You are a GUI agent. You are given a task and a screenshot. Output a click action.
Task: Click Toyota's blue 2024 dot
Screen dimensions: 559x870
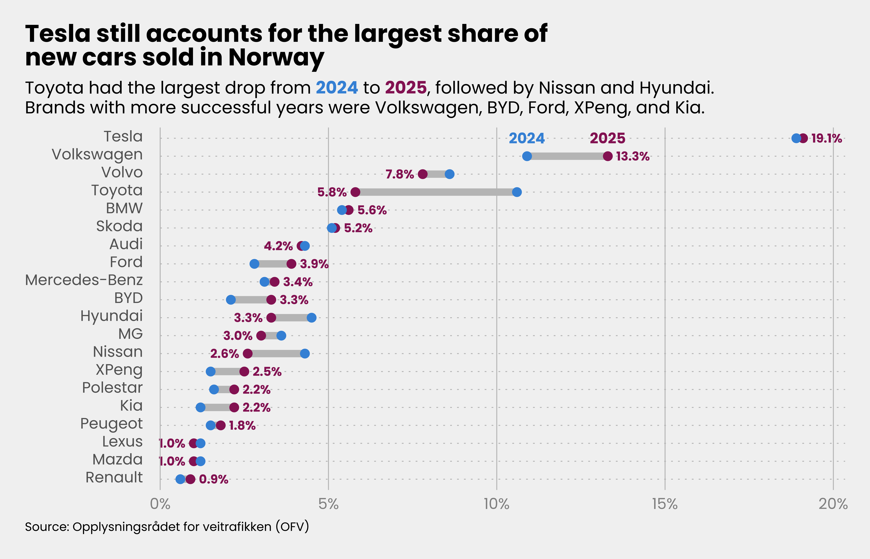pos(517,192)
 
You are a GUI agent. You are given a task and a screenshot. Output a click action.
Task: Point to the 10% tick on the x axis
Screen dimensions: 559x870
pos(496,504)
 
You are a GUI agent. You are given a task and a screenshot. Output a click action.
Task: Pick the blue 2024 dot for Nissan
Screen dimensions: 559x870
pos(305,354)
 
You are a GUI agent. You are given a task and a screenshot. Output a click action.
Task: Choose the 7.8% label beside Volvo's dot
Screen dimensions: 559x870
pos(399,174)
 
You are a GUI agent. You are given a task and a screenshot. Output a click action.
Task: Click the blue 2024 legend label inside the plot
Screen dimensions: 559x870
pos(527,138)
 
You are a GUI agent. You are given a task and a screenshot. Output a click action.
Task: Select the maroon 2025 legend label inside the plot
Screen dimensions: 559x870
pos(607,138)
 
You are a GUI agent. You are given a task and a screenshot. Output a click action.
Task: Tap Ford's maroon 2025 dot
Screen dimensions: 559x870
pos(291,264)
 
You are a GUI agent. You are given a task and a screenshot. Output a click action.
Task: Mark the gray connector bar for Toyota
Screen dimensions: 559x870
pos(436,192)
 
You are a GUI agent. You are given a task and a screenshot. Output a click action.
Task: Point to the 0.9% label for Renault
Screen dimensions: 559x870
pos(213,479)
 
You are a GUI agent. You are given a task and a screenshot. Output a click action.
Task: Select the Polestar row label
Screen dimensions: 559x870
pos(112,388)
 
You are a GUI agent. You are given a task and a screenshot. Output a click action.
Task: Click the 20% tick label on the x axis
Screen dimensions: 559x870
pos(833,504)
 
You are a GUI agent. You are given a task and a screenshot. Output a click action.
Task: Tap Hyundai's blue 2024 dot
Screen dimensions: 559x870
pos(311,318)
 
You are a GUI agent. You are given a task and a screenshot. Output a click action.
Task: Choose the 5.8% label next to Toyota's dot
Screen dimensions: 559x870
pos(332,192)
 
